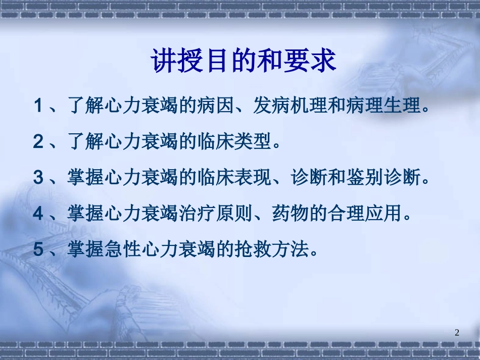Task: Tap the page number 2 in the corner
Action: coord(457,332)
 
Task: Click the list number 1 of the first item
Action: coord(37,107)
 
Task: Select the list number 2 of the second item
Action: coord(38,142)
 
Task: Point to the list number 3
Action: coord(38,178)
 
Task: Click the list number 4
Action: coord(38,214)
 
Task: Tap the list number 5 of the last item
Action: coord(38,250)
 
